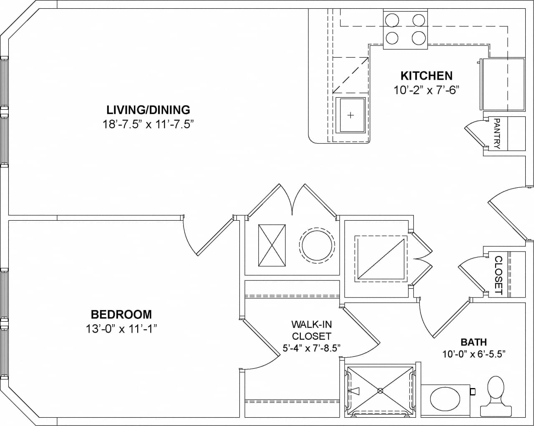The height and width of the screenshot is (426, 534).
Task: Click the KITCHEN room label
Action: tap(426, 76)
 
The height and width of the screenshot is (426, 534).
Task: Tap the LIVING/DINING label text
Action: tap(148, 110)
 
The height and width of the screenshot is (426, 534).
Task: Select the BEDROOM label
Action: tap(121, 314)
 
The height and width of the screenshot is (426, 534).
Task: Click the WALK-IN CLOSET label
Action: tap(311, 330)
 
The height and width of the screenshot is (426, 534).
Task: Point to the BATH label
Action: tap(474, 342)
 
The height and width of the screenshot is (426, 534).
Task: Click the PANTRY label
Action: tap(496, 134)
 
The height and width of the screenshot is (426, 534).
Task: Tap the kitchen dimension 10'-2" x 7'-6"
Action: tap(426, 90)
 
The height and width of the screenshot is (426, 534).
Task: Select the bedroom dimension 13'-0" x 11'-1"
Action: tap(121, 329)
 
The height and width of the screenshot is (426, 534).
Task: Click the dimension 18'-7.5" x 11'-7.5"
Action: tap(148, 124)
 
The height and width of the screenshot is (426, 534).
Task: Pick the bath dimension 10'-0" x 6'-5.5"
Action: tap(474, 354)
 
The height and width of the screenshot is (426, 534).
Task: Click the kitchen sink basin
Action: tap(350, 115)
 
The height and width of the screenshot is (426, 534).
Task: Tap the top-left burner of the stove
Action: tap(392, 20)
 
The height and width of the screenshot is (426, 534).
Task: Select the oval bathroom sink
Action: tap(444, 400)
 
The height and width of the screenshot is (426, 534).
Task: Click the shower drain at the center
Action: tap(380, 391)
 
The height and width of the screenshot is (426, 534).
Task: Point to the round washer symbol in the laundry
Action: tap(317, 245)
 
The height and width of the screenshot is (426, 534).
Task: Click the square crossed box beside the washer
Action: tap(272, 245)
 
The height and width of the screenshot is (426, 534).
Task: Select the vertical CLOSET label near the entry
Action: tap(498, 275)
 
